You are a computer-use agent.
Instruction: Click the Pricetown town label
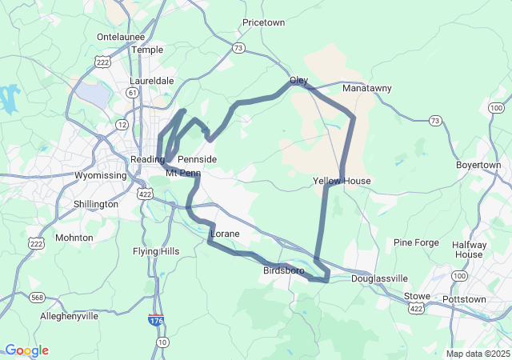coord(263,22)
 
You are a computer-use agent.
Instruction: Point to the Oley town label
coord(298,81)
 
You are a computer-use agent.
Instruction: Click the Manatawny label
coord(366,88)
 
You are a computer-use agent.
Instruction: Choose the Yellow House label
coord(342,181)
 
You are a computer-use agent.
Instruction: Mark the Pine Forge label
coord(417,242)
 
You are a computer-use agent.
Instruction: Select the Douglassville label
coord(379,278)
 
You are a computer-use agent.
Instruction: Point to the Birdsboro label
coord(283,270)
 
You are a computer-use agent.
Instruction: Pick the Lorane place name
coord(224,234)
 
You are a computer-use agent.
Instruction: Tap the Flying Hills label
coord(156,251)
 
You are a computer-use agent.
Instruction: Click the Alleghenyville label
coord(70,316)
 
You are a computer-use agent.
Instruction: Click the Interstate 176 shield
coord(157,320)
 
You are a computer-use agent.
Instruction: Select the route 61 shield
coord(131,93)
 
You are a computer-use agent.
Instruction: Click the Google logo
coord(26,350)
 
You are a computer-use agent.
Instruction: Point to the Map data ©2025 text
coord(477,354)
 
